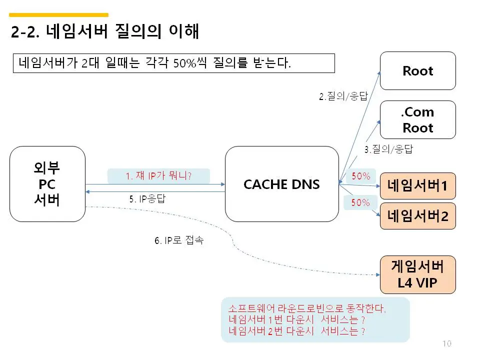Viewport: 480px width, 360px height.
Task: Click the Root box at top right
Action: coord(418,70)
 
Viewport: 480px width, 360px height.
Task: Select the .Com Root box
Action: coord(418,120)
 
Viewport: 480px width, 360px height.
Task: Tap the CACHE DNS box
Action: coord(281,184)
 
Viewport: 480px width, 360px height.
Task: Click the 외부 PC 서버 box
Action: coord(47,184)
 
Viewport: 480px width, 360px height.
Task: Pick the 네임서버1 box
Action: coord(418,186)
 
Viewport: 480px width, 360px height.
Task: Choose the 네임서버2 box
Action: coord(418,216)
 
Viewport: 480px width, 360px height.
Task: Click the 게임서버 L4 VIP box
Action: coord(418,274)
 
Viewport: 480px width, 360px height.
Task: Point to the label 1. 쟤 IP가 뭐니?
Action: coord(158,176)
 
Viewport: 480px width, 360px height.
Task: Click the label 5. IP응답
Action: coord(147,198)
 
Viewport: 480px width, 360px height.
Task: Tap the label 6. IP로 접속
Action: coord(178,240)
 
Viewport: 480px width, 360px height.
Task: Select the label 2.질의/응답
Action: coord(343,96)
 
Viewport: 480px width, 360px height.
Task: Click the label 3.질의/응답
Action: coord(388,148)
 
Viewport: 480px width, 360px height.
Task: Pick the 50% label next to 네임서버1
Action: coord(361,176)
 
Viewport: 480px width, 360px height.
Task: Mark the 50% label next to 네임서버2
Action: coord(361,202)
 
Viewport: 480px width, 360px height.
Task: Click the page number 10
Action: coord(446,343)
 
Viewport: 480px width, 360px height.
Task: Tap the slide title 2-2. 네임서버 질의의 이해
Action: coord(105,32)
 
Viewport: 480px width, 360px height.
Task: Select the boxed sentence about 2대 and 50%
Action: coord(173,63)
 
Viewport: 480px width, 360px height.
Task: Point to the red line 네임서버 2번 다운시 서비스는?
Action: coord(296,331)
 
